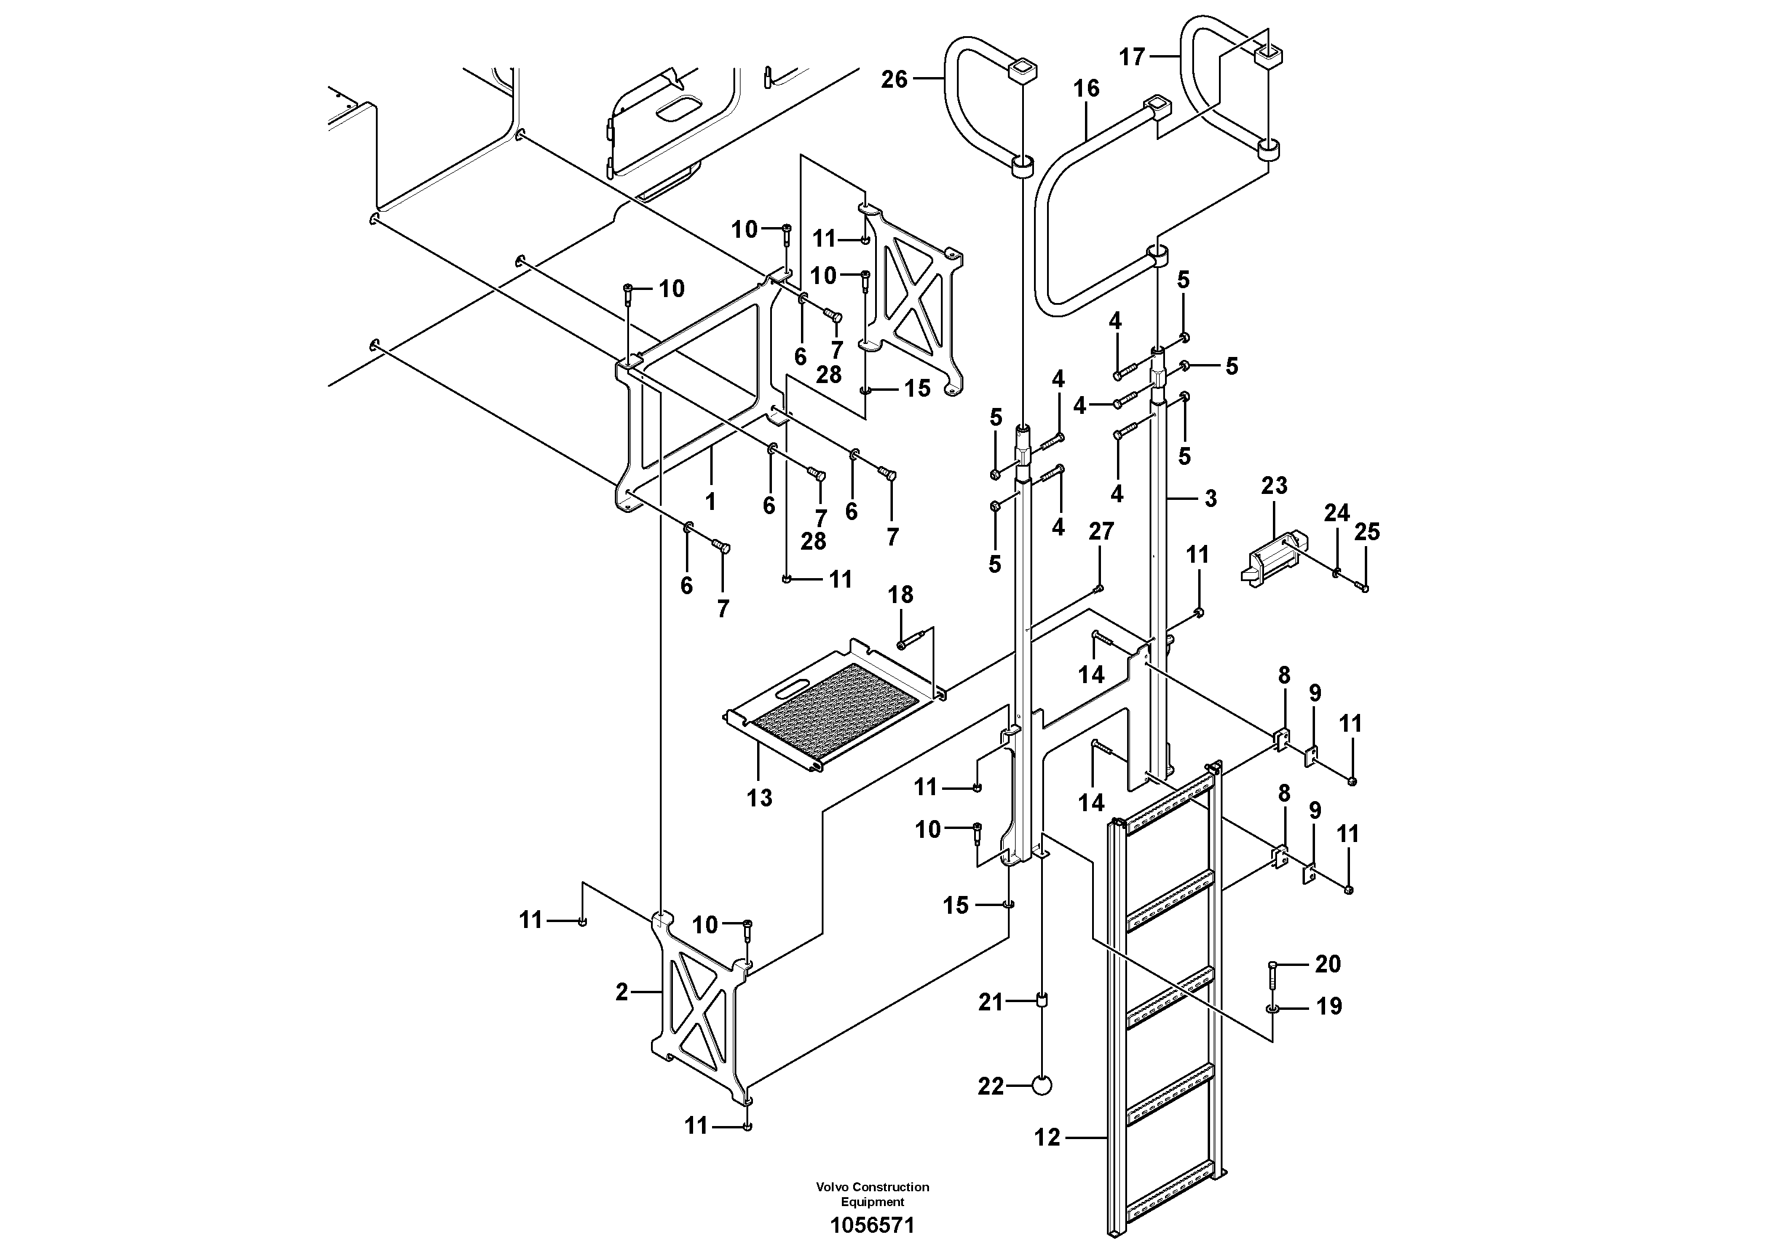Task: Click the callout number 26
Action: coord(893,79)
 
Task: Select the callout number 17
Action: coord(1132,57)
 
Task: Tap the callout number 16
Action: coord(1086,89)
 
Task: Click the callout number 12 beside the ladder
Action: coord(1047,1137)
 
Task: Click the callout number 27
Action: coord(1101,531)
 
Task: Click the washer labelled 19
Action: coord(1272,1008)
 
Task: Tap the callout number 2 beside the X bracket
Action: coord(622,992)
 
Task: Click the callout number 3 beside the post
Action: coord(1211,498)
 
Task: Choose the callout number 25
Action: coord(1367,531)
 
